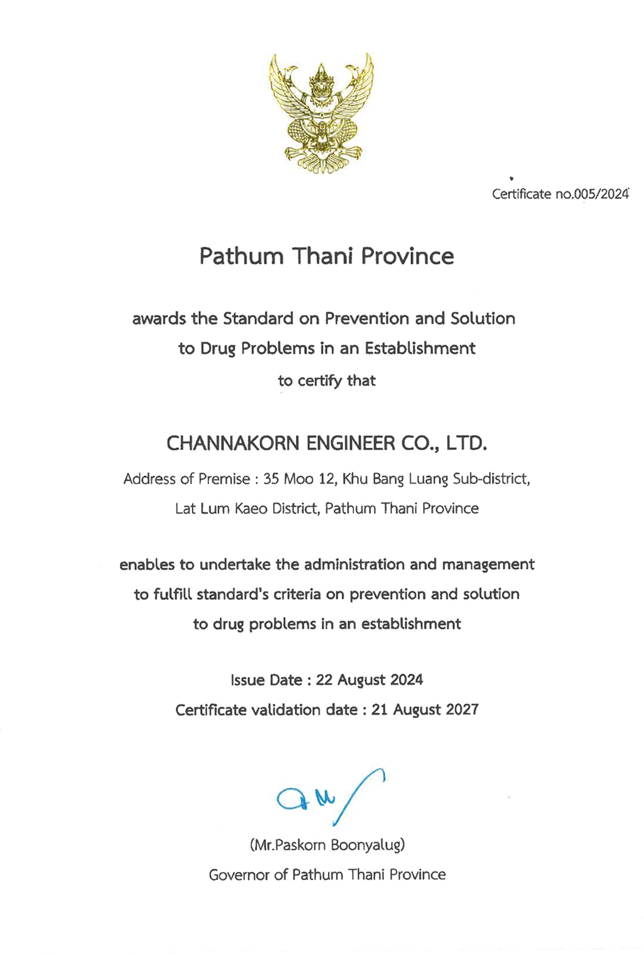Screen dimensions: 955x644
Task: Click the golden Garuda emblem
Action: coord(321,113)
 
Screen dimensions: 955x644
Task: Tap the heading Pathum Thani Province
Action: coord(327,256)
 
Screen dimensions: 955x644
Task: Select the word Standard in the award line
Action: coord(258,319)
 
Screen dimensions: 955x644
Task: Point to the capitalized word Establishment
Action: coord(420,348)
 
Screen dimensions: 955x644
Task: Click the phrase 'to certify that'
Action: coord(327,381)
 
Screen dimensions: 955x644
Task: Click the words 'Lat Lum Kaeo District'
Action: coord(247,509)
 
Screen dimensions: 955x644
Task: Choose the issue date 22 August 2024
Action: coord(369,680)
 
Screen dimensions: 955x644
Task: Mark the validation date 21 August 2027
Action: coord(425,710)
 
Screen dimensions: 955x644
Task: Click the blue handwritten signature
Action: coord(330,796)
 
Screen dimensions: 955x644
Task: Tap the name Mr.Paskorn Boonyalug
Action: coord(327,845)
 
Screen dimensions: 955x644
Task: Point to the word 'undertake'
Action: coord(235,564)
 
